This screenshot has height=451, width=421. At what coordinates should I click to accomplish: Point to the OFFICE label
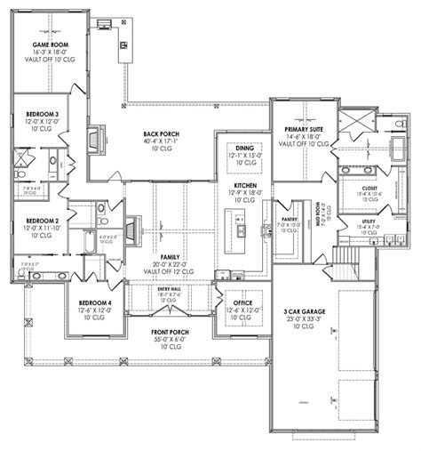tap(242, 302)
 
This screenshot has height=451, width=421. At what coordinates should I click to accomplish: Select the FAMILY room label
tap(158, 254)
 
